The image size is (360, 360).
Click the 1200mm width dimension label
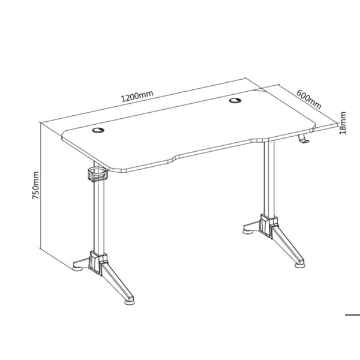pos(137,96)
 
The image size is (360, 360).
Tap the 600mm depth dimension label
pos(309,99)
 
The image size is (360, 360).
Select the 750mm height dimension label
pos(36,185)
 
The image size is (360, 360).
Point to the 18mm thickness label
pos(343,123)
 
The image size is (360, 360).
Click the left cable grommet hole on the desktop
pos(98,130)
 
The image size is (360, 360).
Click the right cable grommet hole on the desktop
pos(235,100)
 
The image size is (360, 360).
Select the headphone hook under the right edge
pos(303,140)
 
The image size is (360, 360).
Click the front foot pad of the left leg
pos(130,301)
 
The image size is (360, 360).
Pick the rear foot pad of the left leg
pos(78,267)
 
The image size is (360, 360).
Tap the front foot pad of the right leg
pos(301,264)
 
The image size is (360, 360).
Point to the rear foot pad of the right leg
pos(248,230)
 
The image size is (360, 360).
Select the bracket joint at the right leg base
pos(269,226)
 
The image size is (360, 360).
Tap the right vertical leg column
pos(269,179)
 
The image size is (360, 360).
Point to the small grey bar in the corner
pos(352,315)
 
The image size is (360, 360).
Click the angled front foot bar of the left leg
pos(117,282)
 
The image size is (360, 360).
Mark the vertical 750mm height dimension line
pos(40,185)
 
